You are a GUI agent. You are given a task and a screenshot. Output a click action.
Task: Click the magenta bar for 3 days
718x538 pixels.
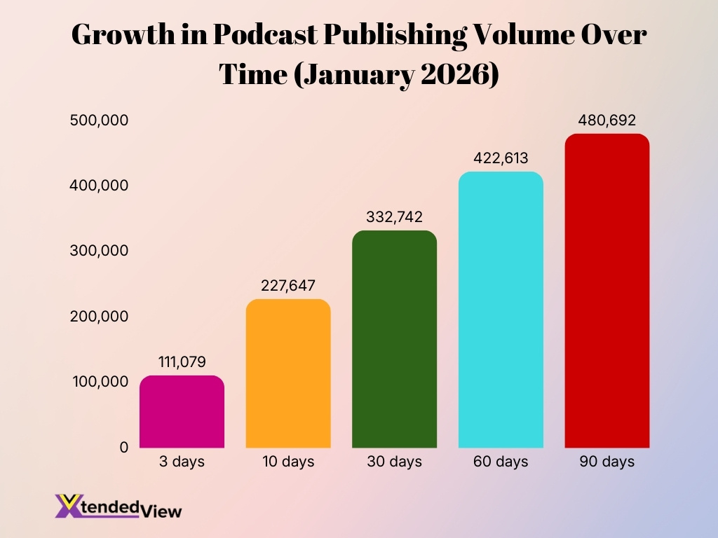tap(182, 412)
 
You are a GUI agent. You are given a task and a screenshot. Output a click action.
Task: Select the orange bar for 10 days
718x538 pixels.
tap(288, 373)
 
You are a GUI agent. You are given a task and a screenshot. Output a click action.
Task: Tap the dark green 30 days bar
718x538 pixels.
tap(394, 339)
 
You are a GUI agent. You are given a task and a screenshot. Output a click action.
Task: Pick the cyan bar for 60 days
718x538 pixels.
tap(501, 310)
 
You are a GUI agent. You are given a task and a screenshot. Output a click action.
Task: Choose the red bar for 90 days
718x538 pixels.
tap(607, 291)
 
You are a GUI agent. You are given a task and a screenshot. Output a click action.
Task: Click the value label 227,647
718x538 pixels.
tap(288, 285)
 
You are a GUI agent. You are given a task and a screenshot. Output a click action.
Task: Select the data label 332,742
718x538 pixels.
tap(394, 216)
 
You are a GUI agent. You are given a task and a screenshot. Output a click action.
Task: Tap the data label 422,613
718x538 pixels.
tap(501, 158)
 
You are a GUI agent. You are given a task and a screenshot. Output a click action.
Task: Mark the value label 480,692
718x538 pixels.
tap(607, 120)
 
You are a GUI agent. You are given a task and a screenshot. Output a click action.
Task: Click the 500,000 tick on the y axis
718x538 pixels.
tap(99, 120)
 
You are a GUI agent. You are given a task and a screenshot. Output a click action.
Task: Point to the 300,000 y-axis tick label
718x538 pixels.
tap(99, 251)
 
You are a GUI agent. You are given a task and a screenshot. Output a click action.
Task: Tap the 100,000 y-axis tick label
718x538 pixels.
tap(99, 382)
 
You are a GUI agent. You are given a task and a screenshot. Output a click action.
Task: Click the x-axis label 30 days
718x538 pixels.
tap(394, 462)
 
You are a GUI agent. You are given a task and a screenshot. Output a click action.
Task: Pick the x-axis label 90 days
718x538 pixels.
tap(607, 462)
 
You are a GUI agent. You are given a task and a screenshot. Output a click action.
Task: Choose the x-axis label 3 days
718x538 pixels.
tap(182, 462)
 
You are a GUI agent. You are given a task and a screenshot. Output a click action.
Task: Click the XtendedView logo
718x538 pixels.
tap(118, 506)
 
